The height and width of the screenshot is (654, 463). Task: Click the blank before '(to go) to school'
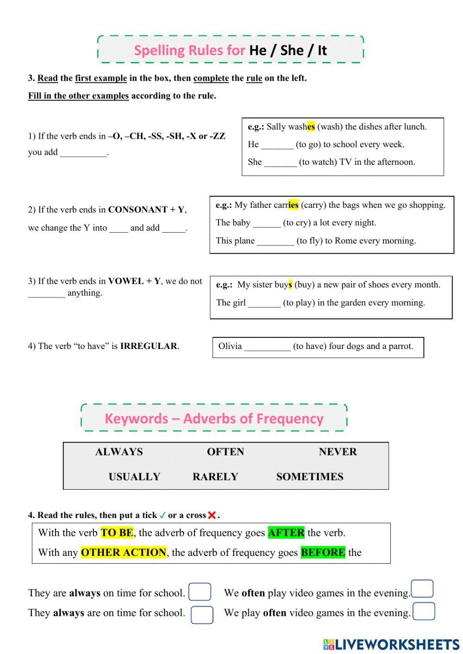click(x=277, y=145)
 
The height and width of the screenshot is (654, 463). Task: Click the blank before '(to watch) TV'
click(x=280, y=163)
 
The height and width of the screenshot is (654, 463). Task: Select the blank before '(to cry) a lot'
click(x=267, y=224)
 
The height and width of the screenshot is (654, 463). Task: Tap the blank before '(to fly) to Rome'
click(x=275, y=242)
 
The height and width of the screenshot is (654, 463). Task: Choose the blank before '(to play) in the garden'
click(x=264, y=304)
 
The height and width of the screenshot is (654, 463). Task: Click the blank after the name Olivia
click(x=267, y=347)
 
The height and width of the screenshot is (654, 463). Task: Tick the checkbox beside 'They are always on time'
click(x=200, y=592)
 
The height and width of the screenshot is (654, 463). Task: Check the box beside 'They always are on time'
click(x=202, y=615)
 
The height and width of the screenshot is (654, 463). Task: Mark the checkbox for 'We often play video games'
click(x=422, y=589)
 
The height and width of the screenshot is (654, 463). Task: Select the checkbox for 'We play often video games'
click(x=424, y=611)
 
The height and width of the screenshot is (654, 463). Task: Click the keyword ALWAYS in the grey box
click(x=119, y=452)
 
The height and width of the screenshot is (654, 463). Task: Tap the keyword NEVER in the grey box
click(x=338, y=452)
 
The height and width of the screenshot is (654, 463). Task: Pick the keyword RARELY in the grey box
click(x=215, y=477)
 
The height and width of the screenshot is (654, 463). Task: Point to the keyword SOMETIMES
click(x=310, y=477)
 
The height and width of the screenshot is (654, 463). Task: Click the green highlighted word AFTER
click(x=286, y=533)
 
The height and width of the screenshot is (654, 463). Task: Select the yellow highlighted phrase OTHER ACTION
click(x=123, y=553)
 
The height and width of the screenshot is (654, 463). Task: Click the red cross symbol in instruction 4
click(x=212, y=515)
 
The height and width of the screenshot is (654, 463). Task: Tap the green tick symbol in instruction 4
click(x=163, y=515)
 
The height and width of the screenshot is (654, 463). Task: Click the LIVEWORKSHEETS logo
click(x=391, y=644)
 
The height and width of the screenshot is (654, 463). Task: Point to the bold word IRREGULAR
click(x=149, y=346)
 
